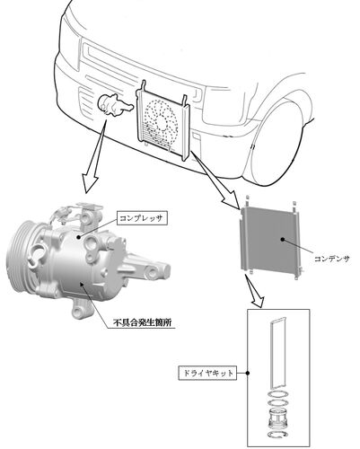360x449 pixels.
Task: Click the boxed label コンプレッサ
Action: (x=141, y=217)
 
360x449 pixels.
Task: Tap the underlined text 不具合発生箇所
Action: (x=143, y=323)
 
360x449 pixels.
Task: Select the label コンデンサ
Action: (x=331, y=259)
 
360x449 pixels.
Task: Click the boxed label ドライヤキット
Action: (x=207, y=373)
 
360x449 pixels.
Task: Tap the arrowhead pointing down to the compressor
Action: (x=91, y=182)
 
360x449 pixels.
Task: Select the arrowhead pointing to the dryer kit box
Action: (x=259, y=301)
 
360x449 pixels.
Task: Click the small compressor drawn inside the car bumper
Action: (x=115, y=106)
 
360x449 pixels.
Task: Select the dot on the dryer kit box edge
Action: (x=248, y=373)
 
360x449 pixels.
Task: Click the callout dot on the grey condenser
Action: (x=282, y=239)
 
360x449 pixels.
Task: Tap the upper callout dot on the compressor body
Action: (x=78, y=237)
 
